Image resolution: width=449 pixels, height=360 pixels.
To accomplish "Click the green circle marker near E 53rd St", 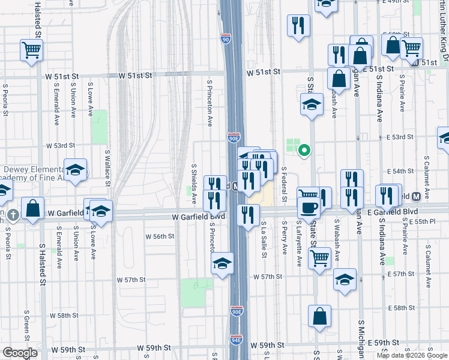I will coord(304,150).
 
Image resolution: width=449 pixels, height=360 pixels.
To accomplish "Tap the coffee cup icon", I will coord(310,208).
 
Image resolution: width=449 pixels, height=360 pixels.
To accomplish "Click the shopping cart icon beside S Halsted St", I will coord(31,50).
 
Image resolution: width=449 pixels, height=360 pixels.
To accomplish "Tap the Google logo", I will coord(20,353).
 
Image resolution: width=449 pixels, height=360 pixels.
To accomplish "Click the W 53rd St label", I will coord(61,145).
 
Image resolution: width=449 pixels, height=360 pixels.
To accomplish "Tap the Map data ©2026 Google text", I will coord(412,355).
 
